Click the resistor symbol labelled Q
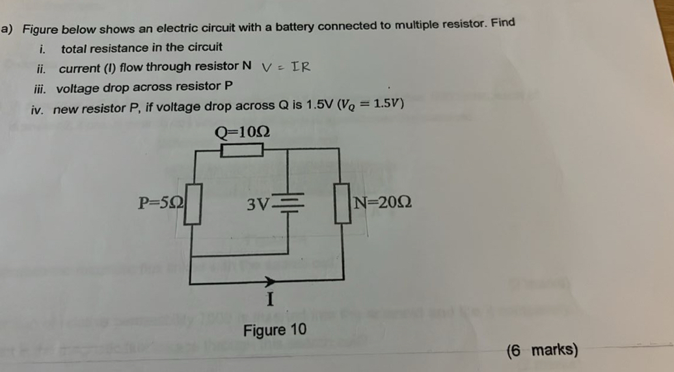pos(241,150)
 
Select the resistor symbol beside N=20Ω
pos(340,204)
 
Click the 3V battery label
pos(258,204)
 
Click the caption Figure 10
pos(274,330)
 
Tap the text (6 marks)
pos(541,351)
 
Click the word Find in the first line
pos(503,23)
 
